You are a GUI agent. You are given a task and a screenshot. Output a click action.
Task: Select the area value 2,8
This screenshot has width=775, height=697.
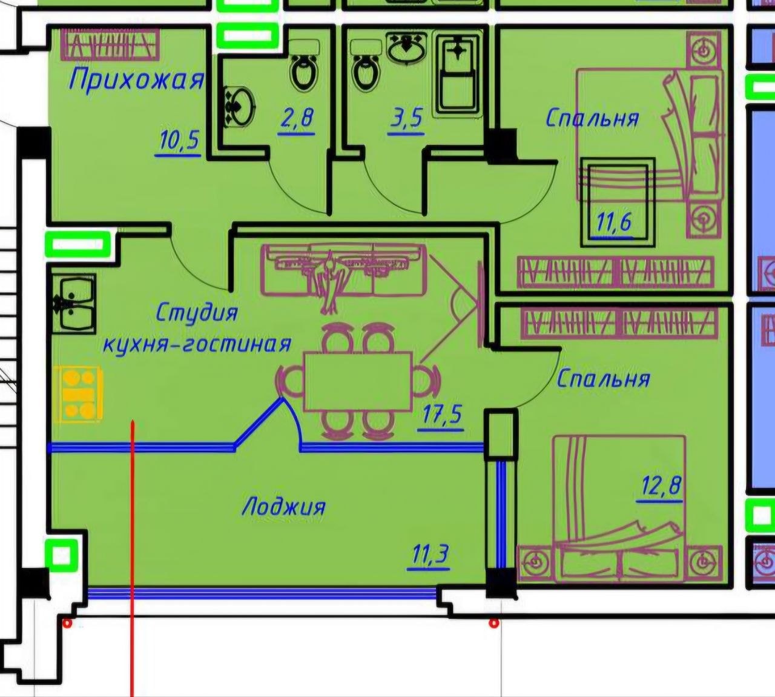click(297, 118)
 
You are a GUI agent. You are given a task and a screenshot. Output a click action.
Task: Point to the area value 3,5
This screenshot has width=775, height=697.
click(406, 118)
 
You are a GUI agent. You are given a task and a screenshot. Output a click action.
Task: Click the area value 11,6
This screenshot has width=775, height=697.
click(614, 222)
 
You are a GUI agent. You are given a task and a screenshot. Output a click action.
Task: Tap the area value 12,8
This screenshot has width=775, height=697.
click(661, 485)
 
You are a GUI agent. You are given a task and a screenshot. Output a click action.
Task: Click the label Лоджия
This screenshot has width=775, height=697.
click(284, 507)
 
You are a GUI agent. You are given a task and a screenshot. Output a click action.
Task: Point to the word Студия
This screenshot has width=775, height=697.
click(197, 313)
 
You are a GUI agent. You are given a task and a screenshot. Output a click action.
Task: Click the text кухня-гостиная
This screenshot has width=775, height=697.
click(197, 344)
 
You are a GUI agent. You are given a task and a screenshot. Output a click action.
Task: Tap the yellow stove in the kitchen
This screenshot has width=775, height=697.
click(78, 395)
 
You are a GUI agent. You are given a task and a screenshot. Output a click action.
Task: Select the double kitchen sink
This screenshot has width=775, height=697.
click(74, 303)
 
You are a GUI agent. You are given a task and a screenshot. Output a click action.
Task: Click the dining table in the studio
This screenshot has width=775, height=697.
click(358, 381)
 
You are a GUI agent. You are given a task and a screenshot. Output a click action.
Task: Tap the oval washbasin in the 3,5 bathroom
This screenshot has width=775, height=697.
click(406, 47)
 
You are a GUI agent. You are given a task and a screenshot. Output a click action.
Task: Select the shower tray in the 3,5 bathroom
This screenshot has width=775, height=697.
click(457, 75)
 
